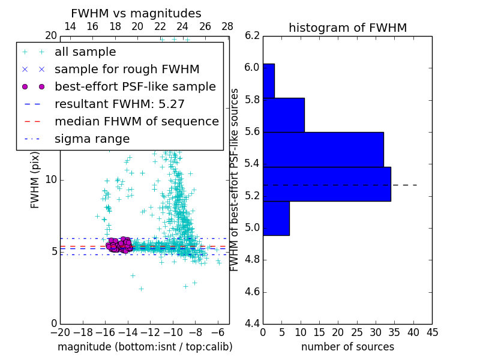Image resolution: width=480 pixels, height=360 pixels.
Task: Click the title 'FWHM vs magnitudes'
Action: (x=136, y=13)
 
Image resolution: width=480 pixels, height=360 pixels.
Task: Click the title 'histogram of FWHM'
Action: (x=347, y=28)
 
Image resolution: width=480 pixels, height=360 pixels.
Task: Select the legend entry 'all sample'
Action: (x=85, y=52)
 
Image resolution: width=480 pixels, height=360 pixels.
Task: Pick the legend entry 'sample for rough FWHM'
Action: (x=127, y=70)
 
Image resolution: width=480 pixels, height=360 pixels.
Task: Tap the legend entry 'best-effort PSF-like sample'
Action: (x=135, y=86)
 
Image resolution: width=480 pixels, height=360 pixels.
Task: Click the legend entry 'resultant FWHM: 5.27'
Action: (x=119, y=104)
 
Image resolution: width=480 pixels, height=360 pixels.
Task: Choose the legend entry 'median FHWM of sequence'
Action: (x=136, y=121)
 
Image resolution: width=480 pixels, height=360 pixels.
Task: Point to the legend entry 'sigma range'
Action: (x=92, y=139)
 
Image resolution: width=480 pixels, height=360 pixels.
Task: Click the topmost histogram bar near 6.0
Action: (x=268, y=80)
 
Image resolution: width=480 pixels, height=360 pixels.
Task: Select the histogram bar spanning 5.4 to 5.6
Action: (x=323, y=149)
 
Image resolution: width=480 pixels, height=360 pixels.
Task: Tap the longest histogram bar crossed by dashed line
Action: (x=326, y=184)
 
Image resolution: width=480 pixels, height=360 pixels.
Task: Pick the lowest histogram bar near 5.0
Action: (x=276, y=218)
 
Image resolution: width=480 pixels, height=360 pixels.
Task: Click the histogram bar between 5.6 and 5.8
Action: (x=283, y=115)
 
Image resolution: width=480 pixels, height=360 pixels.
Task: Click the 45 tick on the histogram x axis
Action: (x=431, y=331)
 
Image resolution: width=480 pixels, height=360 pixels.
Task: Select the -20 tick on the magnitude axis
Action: (x=60, y=331)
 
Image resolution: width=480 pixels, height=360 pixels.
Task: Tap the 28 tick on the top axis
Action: (x=227, y=26)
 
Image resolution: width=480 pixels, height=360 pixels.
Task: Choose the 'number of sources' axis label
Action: (x=347, y=347)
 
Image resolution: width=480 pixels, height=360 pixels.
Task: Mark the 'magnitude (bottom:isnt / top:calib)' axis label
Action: (x=145, y=347)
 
